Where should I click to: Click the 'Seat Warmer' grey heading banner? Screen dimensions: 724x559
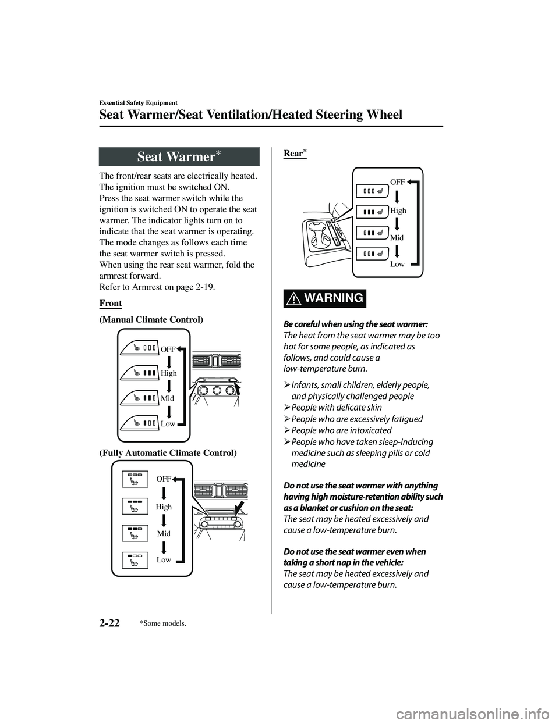point(178,157)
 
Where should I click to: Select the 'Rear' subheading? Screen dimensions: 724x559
point(295,154)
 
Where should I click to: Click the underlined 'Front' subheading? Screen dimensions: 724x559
point(111,304)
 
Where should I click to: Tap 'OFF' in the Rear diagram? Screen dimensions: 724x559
point(397,182)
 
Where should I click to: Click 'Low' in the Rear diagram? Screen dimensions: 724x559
point(397,264)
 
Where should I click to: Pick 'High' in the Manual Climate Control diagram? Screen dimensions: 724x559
point(168,373)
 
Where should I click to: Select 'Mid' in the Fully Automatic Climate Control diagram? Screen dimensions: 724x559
point(164,533)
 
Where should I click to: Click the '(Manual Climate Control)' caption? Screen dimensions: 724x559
point(151,320)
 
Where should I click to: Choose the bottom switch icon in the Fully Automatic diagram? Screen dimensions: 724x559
point(135,559)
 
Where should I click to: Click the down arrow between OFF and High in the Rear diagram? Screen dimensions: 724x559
point(405,196)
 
